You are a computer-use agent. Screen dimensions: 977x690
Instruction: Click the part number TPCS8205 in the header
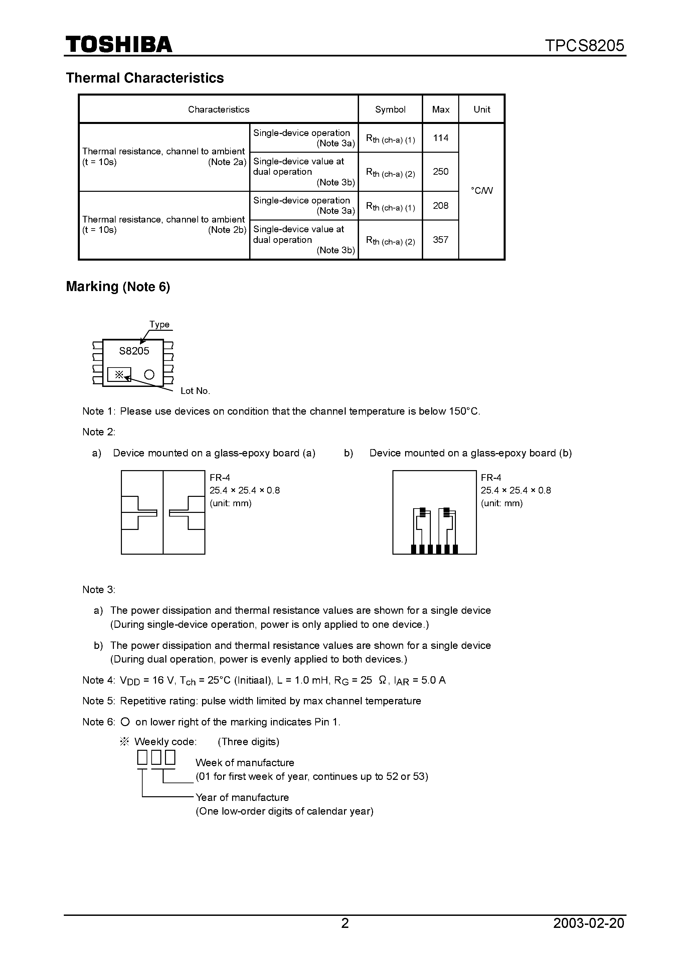584,45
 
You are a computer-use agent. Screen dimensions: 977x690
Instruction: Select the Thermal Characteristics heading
145,78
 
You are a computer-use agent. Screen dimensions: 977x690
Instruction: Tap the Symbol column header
390,109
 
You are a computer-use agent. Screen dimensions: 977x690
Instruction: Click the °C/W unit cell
482,191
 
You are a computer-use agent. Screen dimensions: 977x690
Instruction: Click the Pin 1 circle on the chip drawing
149,375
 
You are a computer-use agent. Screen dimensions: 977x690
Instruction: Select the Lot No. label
195,391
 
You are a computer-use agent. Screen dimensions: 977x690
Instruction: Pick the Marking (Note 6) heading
118,287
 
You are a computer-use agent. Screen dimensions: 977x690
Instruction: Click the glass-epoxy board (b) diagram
434,512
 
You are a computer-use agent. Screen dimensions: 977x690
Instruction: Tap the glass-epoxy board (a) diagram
163,512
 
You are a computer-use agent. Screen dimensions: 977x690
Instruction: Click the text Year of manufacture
242,797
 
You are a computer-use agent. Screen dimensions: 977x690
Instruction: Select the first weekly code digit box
142,757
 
